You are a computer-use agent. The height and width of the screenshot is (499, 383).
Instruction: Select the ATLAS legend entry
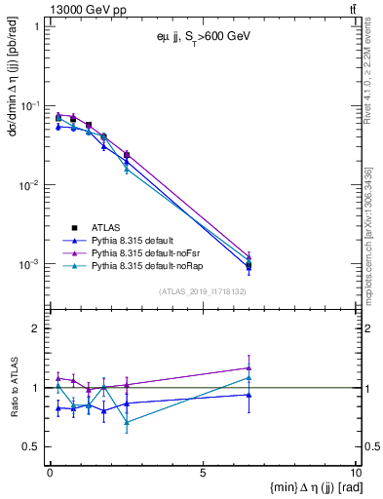tap(106, 227)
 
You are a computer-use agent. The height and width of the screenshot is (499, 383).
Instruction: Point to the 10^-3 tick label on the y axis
tap(29, 265)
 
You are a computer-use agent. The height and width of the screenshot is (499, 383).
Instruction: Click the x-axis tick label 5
tap(202, 473)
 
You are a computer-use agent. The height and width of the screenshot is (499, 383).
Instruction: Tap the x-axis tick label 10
tap(354, 473)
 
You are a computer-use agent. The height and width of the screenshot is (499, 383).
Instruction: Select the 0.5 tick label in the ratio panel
tap(32, 446)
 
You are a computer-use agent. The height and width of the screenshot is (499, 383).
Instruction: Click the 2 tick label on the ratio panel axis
tap(37, 328)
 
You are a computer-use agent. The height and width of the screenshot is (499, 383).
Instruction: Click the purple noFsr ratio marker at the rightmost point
tap(249, 368)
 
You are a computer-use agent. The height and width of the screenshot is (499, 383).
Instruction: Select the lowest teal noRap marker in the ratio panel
tap(127, 422)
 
